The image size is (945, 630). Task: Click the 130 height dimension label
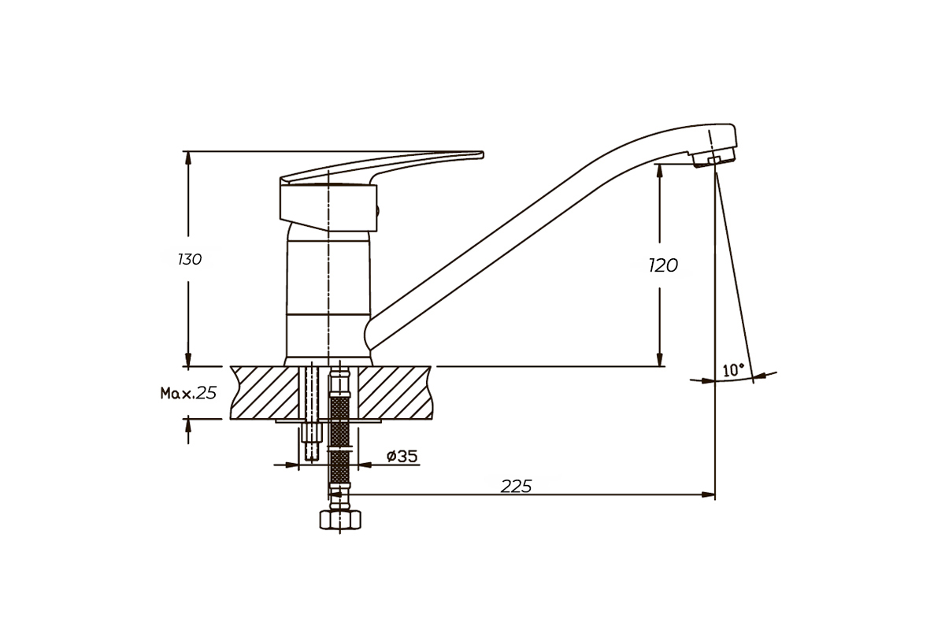190,259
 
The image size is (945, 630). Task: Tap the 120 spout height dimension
663,265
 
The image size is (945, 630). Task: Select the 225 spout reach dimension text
517,487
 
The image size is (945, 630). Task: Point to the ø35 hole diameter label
402,456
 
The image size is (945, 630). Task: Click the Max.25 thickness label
188,393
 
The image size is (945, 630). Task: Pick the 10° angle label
733,370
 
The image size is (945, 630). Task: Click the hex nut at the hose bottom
340,520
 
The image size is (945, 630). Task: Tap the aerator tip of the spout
713,158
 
